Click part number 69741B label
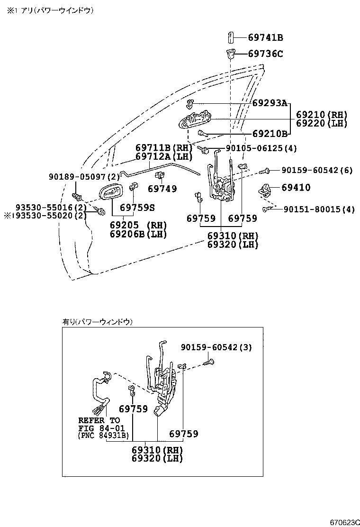(266, 37)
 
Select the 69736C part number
(266, 54)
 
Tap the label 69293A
(270, 103)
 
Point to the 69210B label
(270, 134)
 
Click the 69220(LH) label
(322, 123)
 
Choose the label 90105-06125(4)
(261, 148)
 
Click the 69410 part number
(296, 188)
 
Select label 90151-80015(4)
(319, 209)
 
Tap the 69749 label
(162, 189)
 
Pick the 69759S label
(137, 208)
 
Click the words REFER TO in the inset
(99, 420)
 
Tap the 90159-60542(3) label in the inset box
(216, 347)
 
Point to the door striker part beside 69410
(264, 190)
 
